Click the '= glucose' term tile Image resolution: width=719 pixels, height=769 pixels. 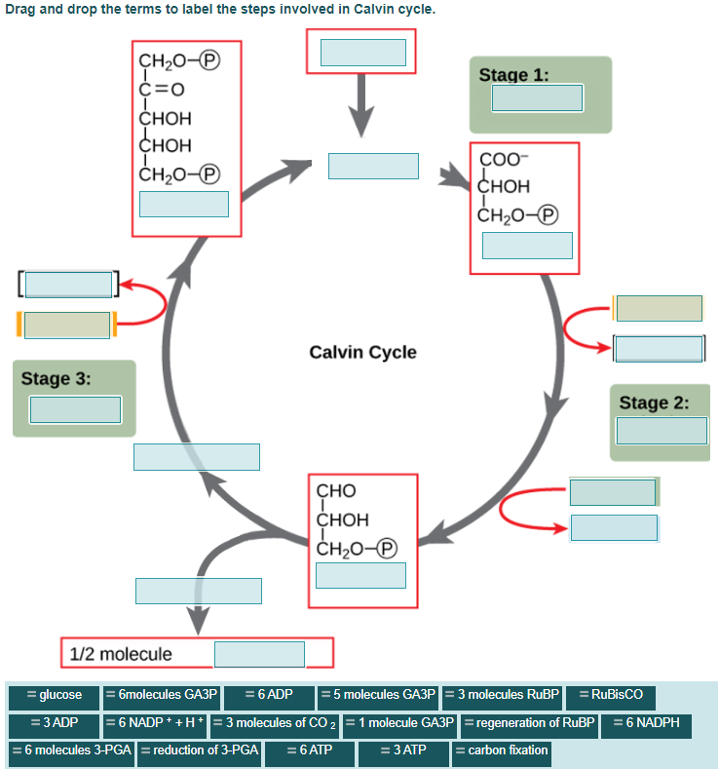point(54,695)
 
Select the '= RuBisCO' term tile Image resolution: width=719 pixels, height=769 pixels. point(610,695)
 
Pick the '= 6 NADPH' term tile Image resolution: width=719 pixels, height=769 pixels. point(646,723)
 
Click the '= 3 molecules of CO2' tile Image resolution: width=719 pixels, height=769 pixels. point(276,723)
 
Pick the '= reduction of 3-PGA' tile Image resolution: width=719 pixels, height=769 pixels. point(200,750)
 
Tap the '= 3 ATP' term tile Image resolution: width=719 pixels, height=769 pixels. point(402,750)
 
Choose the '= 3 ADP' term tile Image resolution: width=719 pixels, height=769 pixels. point(54,723)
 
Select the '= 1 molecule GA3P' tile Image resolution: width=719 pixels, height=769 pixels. point(400,723)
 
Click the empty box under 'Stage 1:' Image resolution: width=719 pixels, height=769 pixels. point(537,98)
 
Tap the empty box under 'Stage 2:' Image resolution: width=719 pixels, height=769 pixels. point(662,430)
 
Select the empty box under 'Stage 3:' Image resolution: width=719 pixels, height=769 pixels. point(75,409)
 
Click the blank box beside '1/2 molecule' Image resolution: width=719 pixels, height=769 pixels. point(259,654)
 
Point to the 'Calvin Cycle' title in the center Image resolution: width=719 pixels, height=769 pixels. point(362,352)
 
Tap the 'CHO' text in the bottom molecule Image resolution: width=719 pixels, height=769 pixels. point(336,490)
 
